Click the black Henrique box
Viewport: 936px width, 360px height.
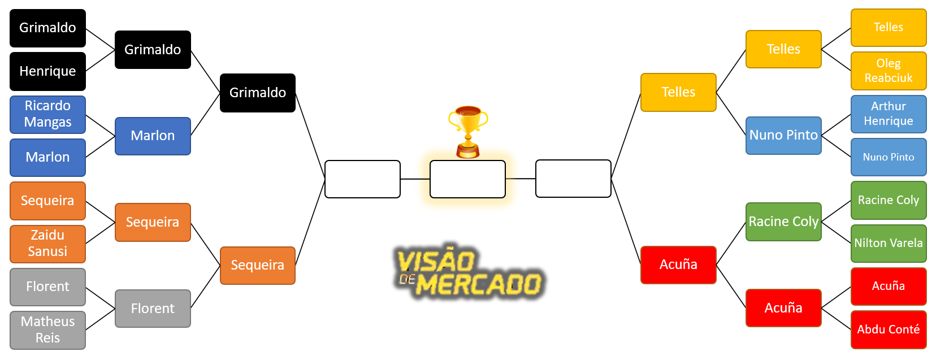pyautogui.click(x=47, y=71)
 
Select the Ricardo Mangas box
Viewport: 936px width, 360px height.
pyautogui.click(x=47, y=114)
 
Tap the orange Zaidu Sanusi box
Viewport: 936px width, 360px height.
pyautogui.click(x=47, y=244)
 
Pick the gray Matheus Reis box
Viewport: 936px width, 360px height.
pyautogui.click(x=47, y=330)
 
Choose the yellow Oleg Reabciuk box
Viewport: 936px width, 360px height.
pyautogui.click(x=889, y=71)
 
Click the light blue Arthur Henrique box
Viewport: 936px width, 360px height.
pyautogui.click(x=889, y=114)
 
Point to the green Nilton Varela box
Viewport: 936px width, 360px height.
pyautogui.click(x=889, y=243)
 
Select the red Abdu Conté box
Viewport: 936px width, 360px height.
pyautogui.click(x=889, y=329)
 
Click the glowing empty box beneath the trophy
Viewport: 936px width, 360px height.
pyautogui.click(x=467, y=179)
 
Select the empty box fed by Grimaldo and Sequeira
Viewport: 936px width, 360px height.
pyautogui.click(x=362, y=179)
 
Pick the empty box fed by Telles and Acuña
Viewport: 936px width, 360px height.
pyautogui.click(x=573, y=179)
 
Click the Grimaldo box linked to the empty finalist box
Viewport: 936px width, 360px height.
pyautogui.click(x=258, y=93)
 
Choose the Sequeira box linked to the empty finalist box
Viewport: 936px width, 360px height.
pyautogui.click(x=258, y=265)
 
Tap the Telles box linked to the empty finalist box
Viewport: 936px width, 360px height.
pyautogui.click(x=678, y=92)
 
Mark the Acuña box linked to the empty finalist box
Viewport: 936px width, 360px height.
pyautogui.click(x=678, y=264)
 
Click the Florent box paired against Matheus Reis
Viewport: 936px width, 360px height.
pyautogui.click(x=47, y=287)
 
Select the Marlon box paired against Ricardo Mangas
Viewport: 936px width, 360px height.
pyautogui.click(x=47, y=157)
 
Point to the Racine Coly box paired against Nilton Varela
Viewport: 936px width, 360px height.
pyautogui.click(x=889, y=200)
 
